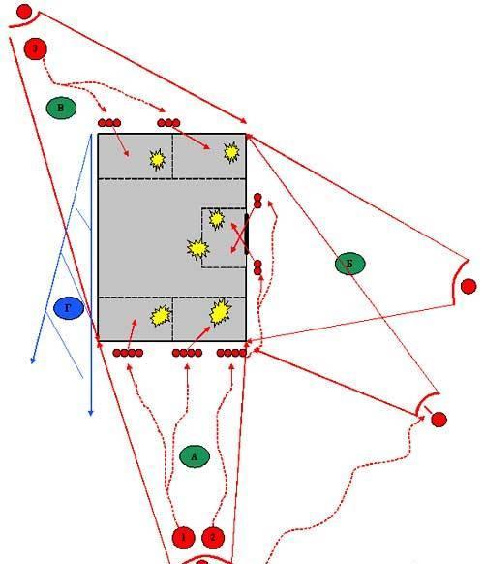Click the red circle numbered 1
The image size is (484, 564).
pyautogui.click(x=183, y=538)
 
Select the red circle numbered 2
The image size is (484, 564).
pyautogui.click(x=213, y=538)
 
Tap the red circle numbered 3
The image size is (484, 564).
pyautogui.click(x=35, y=48)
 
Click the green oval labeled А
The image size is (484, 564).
pyautogui.click(x=195, y=456)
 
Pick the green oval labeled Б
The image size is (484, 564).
pyautogui.click(x=350, y=264)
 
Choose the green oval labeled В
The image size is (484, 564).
pyautogui.click(x=61, y=108)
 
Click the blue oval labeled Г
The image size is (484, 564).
pyautogui.click(x=69, y=308)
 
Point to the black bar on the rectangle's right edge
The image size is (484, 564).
pyautogui.click(x=247, y=235)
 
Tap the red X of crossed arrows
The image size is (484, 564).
pyautogui.click(x=238, y=237)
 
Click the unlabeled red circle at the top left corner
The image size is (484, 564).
pyautogui.click(x=24, y=12)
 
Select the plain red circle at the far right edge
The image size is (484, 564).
pyautogui.click(x=469, y=287)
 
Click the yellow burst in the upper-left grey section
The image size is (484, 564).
pyautogui.click(x=158, y=159)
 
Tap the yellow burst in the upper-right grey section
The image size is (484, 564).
pyautogui.click(x=231, y=152)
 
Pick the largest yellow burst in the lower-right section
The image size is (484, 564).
pyautogui.click(x=220, y=312)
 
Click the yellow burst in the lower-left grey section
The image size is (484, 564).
pyautogui.click(x=161, y=316)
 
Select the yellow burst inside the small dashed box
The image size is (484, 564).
pyautogui.click(x=217, y=219)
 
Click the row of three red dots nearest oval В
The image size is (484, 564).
pyautogui.click(x=109, y=123)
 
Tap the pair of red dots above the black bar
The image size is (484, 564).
pyautogui.click(x=257, y=201)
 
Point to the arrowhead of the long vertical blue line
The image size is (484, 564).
pyautogui.click(x=91, y=413)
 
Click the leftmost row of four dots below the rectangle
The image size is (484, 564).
pyautogui.click(x=128, y=353)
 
